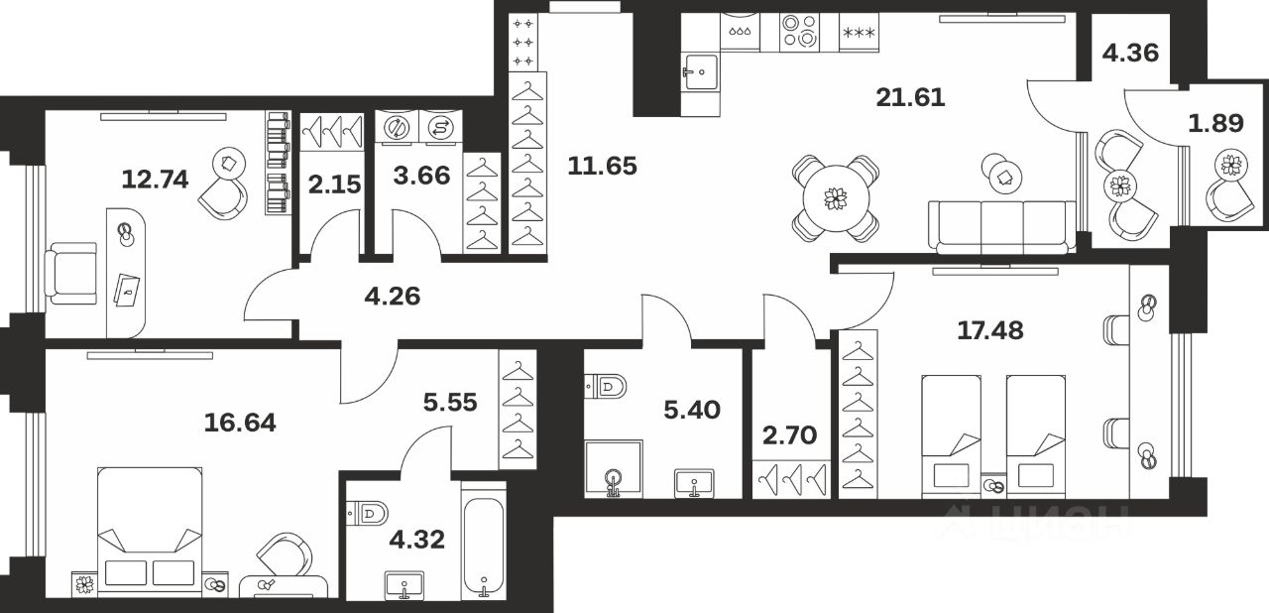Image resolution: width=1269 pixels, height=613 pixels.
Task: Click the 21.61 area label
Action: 910,97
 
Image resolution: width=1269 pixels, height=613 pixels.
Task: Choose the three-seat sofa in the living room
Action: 1001,227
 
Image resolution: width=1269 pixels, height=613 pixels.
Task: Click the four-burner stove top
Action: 800,32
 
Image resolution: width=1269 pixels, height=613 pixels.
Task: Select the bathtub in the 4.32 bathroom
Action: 484,540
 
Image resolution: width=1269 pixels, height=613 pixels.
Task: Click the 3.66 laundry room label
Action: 423,176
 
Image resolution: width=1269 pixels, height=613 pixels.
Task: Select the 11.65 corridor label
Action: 602,166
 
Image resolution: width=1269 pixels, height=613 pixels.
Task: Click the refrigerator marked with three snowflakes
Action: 859,33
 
